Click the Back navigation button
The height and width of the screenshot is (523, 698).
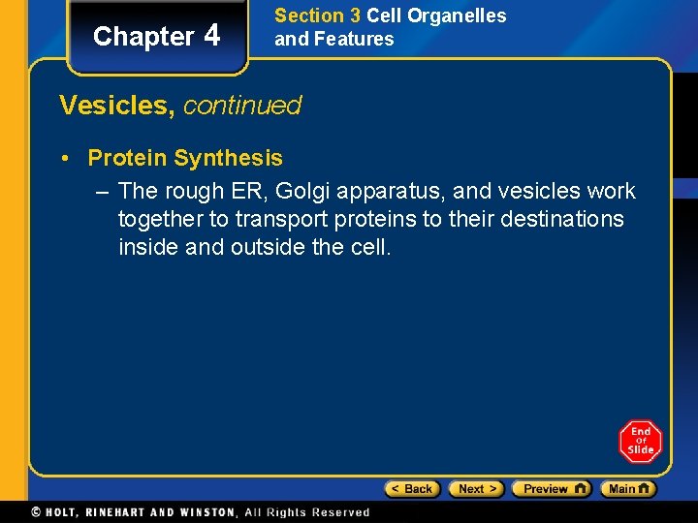(x=412, y=489)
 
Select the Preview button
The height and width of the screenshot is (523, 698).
(x=551, y=489)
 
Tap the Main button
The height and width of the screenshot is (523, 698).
(x=627, y=489)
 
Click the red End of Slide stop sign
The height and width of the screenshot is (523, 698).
(x=640, y=442)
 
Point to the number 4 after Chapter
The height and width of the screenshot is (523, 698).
(x=212, y=36)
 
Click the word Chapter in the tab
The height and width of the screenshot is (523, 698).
(x=143, y=37)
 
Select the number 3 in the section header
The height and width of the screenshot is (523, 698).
(x=354, y=16)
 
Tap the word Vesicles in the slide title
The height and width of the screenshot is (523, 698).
(x=116, y=105)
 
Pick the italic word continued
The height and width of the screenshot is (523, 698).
(x=242, y=105)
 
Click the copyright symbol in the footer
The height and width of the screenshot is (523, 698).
(x=37, y=512)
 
